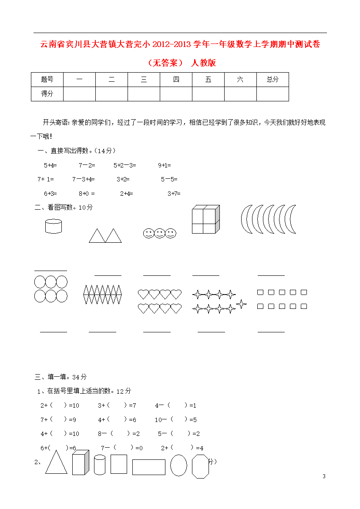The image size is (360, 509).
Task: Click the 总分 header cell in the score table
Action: click(x=273, y=80)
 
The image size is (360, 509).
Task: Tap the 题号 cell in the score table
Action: click(x=47, y=80)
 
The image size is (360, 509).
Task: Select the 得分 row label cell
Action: click(x=47, y=94)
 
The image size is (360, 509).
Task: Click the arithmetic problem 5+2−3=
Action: click(x=125, y=165)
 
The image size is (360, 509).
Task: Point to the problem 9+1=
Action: click(x=165, y=165)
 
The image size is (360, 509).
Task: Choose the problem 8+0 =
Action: click(x=87, y=194)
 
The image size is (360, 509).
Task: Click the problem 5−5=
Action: click(x=169, y=179)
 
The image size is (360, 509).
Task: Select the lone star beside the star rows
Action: click(x=241, y=304)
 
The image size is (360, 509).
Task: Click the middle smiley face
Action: click(x=159, y=233)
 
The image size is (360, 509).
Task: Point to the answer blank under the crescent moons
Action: click(x=271, y=275)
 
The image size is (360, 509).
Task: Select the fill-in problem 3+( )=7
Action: click(x=117, y=405)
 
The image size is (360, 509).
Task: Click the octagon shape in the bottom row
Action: click(x=201, y=466)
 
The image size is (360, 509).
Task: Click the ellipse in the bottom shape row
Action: click(x=178, y=465)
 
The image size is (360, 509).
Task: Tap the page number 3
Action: click(x=324, y=476)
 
